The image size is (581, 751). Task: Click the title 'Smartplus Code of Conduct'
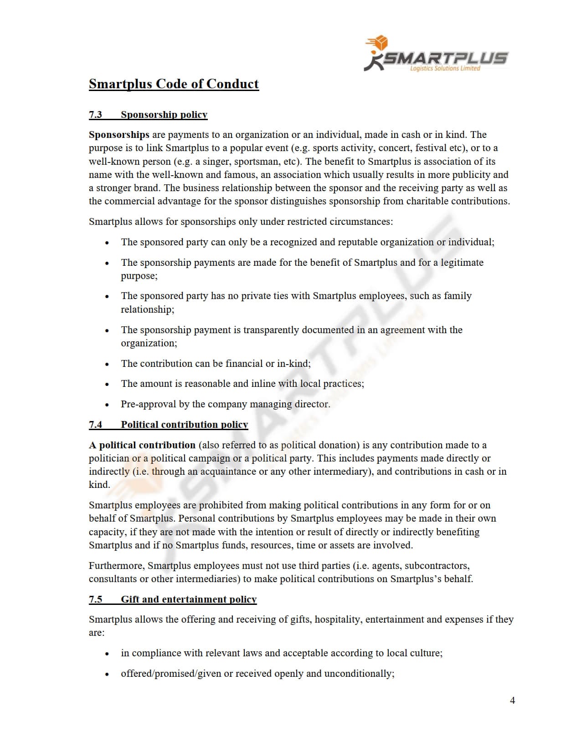174,84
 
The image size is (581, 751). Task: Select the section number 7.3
95,114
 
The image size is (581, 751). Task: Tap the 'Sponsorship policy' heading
164,114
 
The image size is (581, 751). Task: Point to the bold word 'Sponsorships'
119,135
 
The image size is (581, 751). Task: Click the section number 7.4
95,425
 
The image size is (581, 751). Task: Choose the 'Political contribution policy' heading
184,425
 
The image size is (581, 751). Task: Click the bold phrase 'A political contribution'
142,445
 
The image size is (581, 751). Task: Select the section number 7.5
95,599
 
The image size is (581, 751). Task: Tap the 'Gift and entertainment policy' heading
189,599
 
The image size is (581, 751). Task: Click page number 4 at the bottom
512,700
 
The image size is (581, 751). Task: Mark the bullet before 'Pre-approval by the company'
107,405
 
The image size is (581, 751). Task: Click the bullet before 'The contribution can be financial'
107,364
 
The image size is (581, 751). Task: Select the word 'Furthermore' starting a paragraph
116,566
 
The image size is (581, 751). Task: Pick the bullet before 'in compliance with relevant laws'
107,654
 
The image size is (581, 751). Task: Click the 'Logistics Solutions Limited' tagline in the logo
445,69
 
